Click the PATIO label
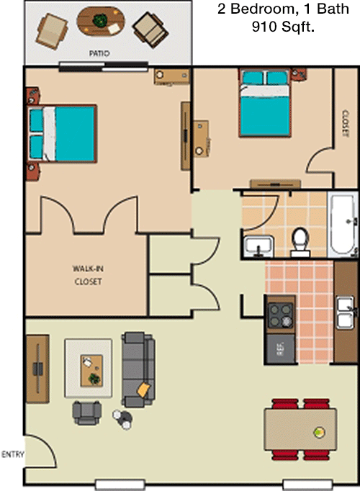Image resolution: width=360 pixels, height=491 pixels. pyautogui.click(x=99, y=53)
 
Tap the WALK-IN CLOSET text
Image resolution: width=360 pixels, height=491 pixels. pyautogui.click(x=89, y=275)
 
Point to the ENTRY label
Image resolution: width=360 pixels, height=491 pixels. pyautogui.click(x=12, y=454)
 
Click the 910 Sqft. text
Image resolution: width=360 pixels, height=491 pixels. pyautogui.click(x=283, y=27)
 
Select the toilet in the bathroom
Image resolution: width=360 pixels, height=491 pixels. pyautogui.click(x=300, y=242)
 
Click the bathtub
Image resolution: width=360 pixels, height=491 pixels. pyautogui.click(x=343, y=225)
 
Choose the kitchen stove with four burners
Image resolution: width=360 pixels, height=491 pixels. pyautogui.click(x=281, y=315)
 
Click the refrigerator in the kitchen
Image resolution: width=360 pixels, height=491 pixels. pyautogui.click(x=281, y=348)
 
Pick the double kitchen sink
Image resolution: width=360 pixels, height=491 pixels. pyautogui.click(x=345, y=312)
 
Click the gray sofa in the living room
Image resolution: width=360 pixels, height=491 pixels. pyautogui.click(x=138, y=369)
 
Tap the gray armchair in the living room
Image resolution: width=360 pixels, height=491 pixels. pyautogui.click(x=86, y=413)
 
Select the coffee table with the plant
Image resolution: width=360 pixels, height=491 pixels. pyautogui.click(x=91, y=371)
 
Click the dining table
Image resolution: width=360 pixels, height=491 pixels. pyautogui.click(x=300, y=429)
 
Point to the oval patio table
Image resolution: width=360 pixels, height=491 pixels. pyautogui.click(x=101, y=22)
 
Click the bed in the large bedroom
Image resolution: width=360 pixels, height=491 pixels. pyautogui.click(x=62, y=134)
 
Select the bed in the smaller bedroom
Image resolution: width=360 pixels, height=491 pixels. pyautogui.click(x=265, y=104)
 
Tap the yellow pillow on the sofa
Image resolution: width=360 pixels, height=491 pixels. pyautogui.click(x=144, y=389)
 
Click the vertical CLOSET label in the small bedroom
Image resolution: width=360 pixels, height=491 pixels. pyautogui.click(x=346, y=124)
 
